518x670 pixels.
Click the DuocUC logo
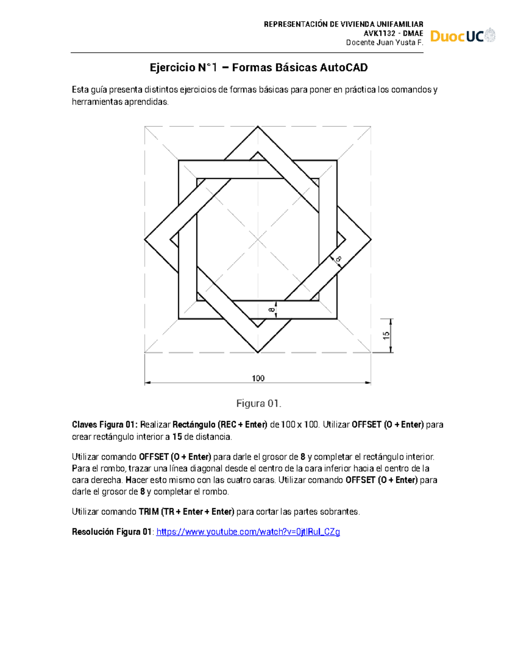coord(462,36)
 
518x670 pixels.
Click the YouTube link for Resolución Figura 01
coord(248,532)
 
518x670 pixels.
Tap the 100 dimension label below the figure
coord(258,378)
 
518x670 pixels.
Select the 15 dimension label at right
coord(386,335)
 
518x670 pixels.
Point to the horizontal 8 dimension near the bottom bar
coord(272,310)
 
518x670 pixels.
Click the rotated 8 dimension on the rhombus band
coord(338,259)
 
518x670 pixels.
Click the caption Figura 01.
coord(259,403)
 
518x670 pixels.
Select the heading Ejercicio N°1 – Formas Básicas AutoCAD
coord(259,68)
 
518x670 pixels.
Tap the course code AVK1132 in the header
coord(379,34)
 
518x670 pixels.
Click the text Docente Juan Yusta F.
coord(384,42)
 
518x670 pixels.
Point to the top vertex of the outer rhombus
coord(258,126)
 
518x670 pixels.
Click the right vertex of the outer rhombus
coord(371,239)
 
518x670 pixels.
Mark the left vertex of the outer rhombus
coord(145,239)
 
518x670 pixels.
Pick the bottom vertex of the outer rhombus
coord(258,352)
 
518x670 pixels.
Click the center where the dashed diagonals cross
coord(258,239)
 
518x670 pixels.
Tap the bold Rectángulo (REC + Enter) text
coord(220,425)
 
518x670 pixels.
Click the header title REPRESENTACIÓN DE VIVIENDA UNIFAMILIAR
coord(343,24)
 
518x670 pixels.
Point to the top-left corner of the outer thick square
coord(179,161)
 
